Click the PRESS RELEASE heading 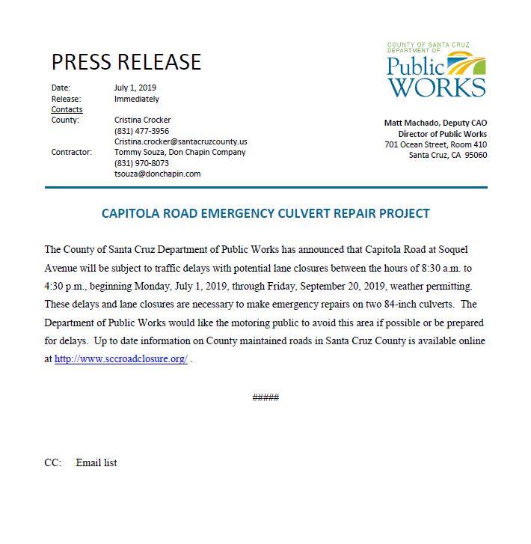pos(126,61)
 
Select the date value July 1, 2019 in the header pos(135,88)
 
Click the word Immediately pos(136,99)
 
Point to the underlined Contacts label pos(67,109)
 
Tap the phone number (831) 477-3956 pos(141,131)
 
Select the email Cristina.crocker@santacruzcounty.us pos(180,141)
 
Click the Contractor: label pos(71,152)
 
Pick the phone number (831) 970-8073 pos(141,163)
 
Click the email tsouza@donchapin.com pos(157,174)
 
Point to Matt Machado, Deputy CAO pos(435,123)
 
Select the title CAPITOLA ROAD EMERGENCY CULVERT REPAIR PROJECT pos(265,213)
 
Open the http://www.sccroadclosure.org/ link pos(120,358)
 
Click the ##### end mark pos(265,397)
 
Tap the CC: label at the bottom pos(52,463)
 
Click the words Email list pos(96,463)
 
